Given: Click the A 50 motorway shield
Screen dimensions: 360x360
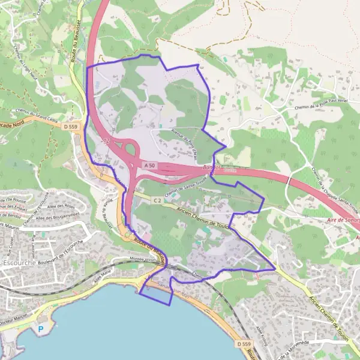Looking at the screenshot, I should tap(149, 164).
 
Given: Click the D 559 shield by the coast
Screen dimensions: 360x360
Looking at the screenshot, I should tap(242, 344).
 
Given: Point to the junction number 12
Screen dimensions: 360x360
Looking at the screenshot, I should tap(106, 140).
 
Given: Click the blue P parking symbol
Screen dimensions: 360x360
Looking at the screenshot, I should tap(41, 329).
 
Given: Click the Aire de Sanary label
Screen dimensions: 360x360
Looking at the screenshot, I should tap(340, 220).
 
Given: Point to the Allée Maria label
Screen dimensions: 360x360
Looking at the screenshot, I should tap(103, 277).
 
